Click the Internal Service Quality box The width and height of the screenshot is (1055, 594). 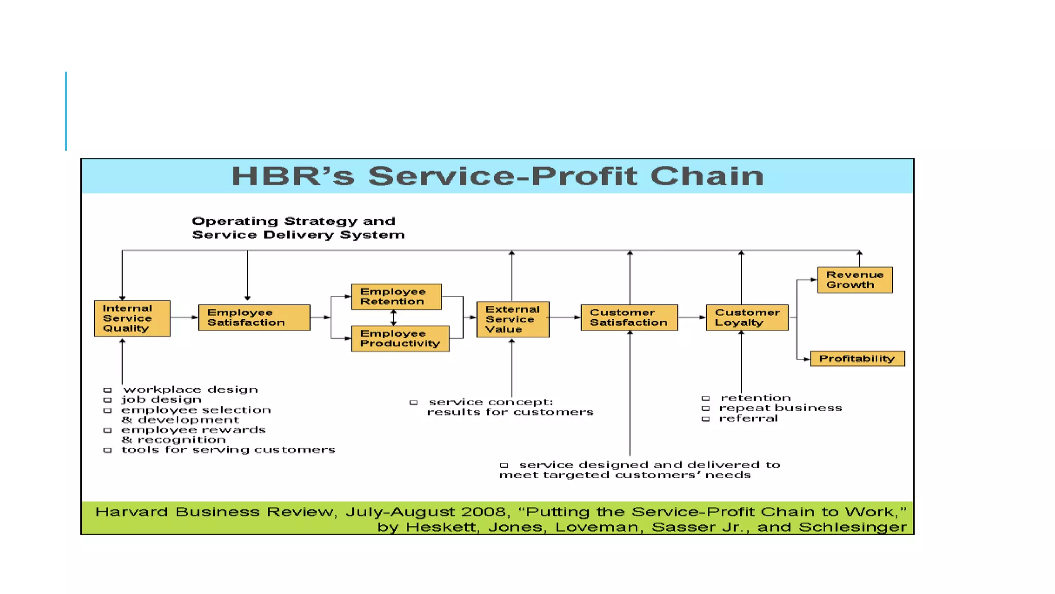(132, 318)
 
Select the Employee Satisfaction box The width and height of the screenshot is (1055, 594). (254, 317)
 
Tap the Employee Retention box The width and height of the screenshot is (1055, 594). (396, 296)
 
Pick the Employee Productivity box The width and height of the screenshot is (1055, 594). (400, 338)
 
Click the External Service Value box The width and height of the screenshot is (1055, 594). (513, 319)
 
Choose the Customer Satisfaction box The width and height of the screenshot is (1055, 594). (629, 317)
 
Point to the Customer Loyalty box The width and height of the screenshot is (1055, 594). (747, 317)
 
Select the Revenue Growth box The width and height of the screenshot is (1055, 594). (855, 279)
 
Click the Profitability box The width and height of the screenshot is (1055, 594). (857, 358)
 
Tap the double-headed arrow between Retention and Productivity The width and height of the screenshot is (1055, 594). (394, 318)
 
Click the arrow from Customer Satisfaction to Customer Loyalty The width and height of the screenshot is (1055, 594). (692, 317)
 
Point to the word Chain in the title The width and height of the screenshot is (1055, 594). (707, 176)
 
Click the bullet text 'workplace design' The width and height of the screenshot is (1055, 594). (190, 389)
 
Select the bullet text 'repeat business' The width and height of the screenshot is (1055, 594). (780, 408)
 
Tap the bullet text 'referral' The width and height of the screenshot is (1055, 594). (748, 418)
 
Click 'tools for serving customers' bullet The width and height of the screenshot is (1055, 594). (228, 450)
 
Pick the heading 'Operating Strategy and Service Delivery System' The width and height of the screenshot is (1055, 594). (298, 228)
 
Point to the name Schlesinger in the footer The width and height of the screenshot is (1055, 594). (853, 527)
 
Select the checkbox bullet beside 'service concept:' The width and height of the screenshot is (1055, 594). (414, 402)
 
